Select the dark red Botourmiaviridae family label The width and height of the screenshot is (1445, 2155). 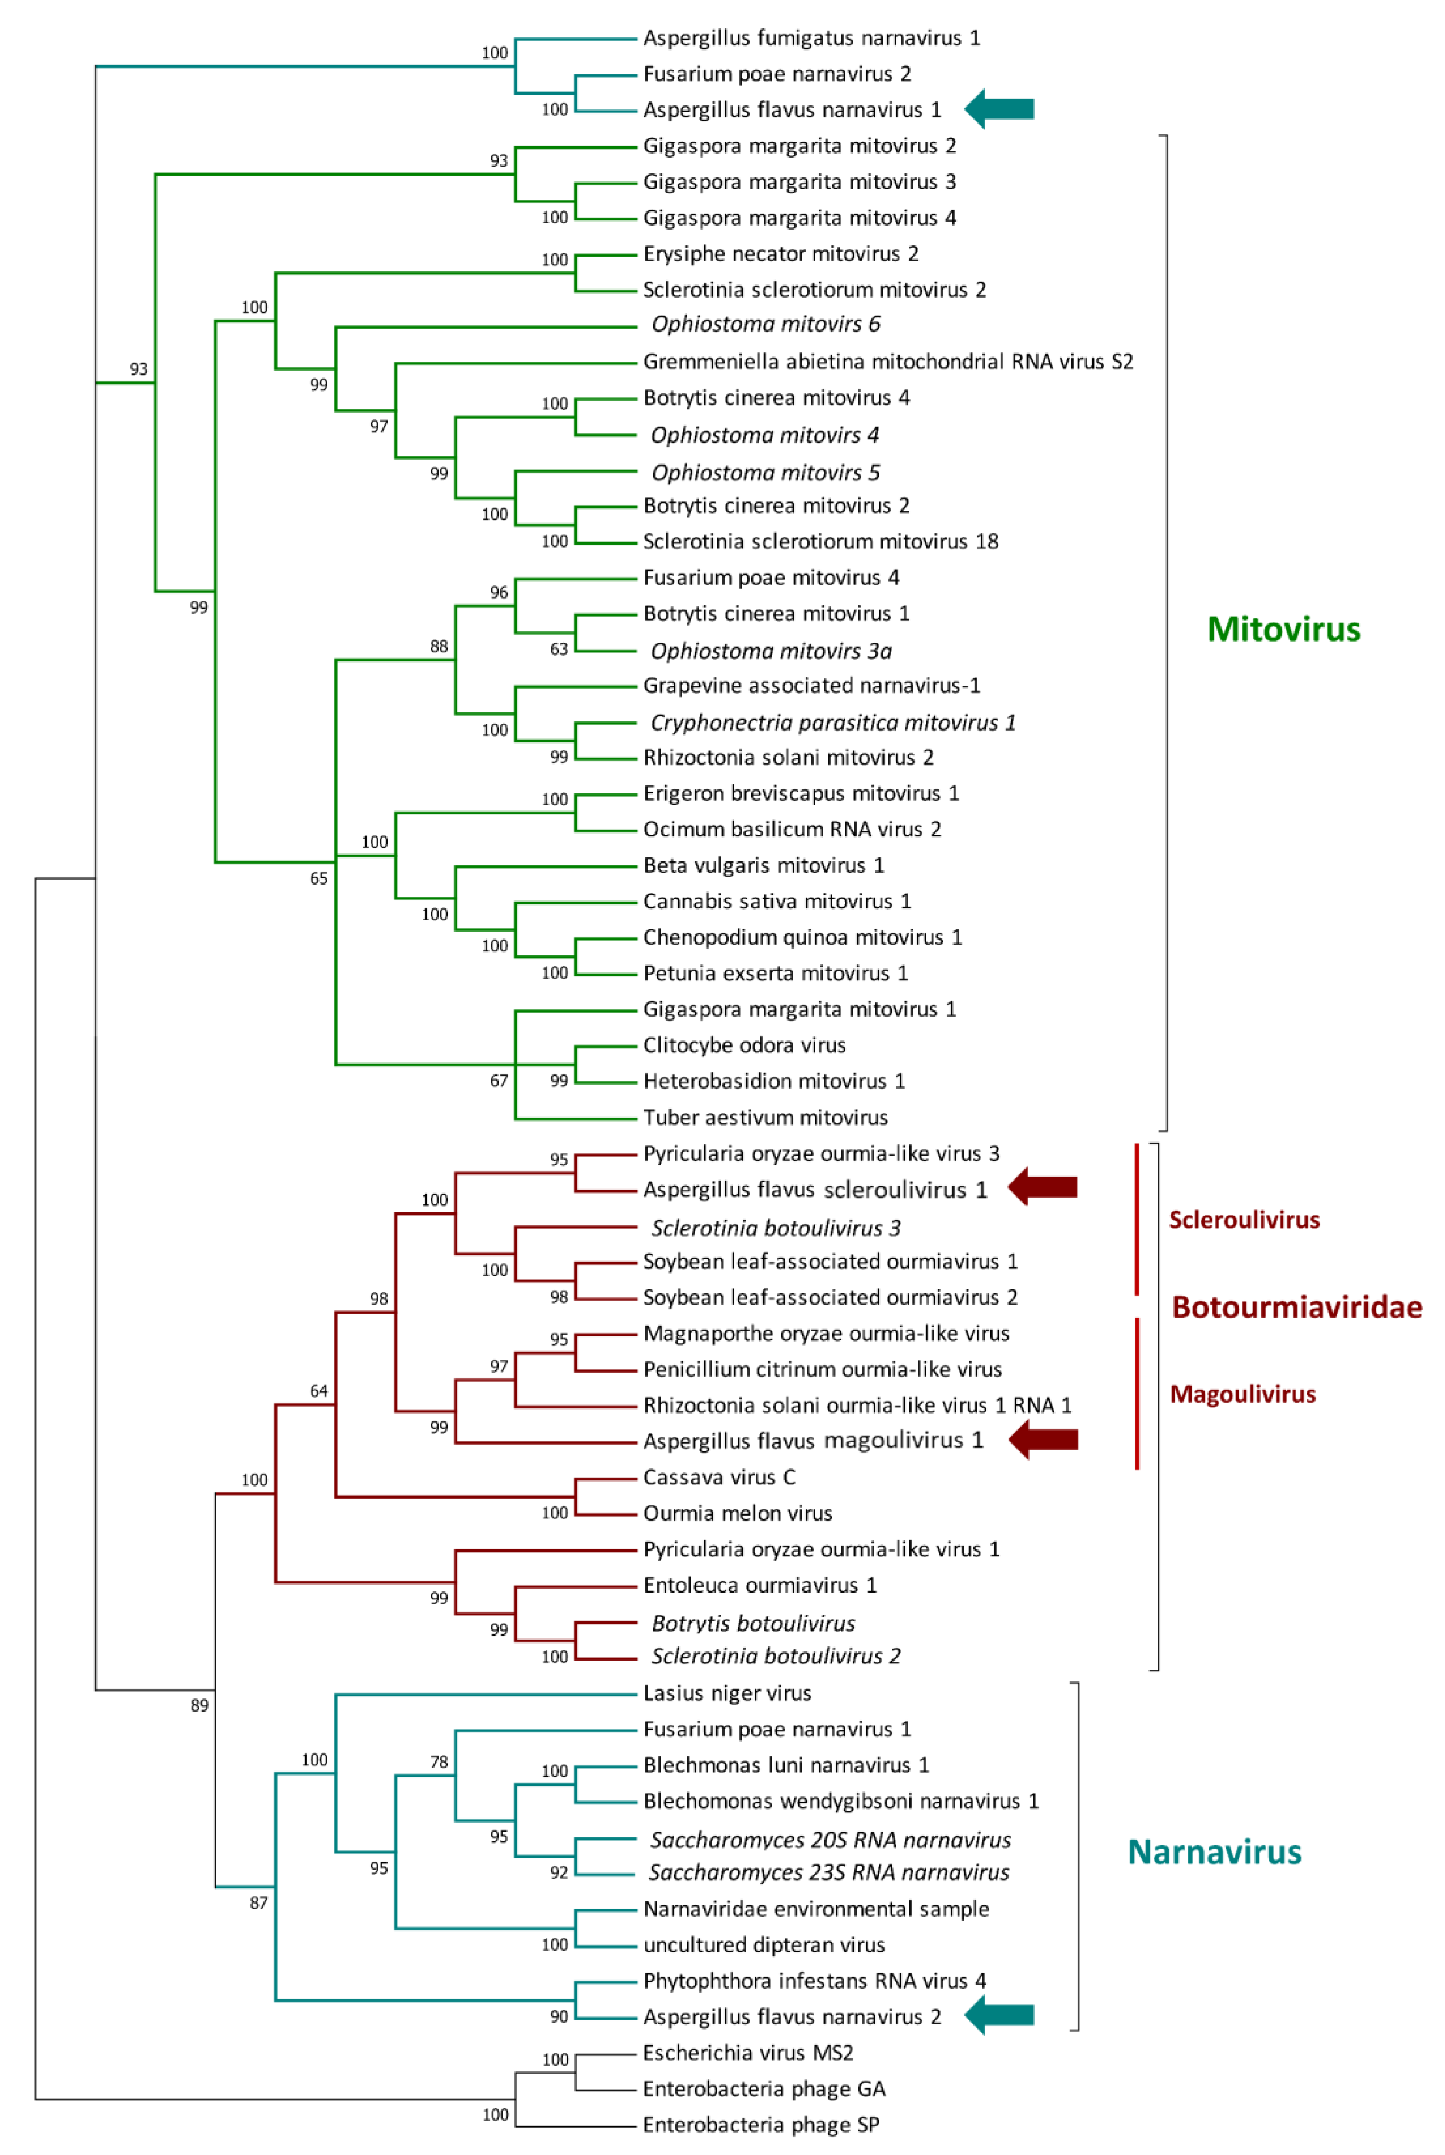1296,1307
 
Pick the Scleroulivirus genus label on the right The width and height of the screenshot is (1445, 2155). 1244,1219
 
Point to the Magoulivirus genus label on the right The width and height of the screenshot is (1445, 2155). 1242,1394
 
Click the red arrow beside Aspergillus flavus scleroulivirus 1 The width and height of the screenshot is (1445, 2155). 1042,1187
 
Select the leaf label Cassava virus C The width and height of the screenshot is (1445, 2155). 719,1477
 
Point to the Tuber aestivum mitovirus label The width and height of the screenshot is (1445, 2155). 765,1117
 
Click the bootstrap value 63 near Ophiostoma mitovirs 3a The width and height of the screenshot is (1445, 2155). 558,649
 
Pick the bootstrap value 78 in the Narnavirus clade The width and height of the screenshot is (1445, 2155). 439,1762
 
